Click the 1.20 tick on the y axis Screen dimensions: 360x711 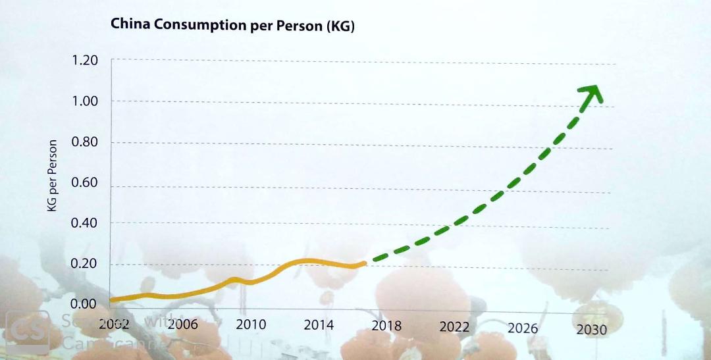85,61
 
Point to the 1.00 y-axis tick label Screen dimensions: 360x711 85,101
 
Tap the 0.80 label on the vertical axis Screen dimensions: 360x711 85,142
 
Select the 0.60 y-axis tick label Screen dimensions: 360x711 85,182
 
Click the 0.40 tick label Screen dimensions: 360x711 85,223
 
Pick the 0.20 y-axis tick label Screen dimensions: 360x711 85,264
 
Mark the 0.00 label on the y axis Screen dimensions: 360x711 85,304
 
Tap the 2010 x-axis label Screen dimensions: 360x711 250,324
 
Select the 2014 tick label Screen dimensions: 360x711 319,325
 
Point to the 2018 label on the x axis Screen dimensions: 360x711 386,326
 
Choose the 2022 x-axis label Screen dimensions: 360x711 454,327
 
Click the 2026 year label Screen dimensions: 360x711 523,328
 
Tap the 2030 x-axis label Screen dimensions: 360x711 591,330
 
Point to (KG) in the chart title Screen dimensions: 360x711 340,27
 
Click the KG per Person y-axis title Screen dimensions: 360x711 53,175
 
